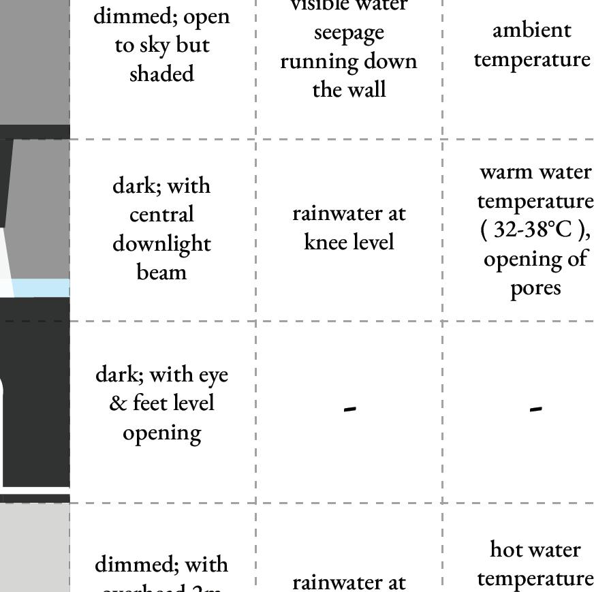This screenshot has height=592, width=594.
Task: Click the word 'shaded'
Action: coord(161,74)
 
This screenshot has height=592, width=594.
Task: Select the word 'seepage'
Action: coord(349,33)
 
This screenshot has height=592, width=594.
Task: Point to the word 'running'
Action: coord(318,62)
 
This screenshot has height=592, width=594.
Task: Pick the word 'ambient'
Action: coord(531,30)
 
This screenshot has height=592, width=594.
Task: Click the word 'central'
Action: coord(161,215)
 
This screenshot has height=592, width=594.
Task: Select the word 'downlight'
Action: coord(161,244)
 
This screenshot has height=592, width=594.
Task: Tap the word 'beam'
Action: coord(161,272)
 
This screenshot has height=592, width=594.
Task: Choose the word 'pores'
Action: coord(535,288)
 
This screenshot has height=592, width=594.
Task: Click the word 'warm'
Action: coord(507,172)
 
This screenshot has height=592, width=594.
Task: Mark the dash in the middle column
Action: coord(349,409)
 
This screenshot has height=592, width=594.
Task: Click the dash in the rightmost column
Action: coord(536,409)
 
